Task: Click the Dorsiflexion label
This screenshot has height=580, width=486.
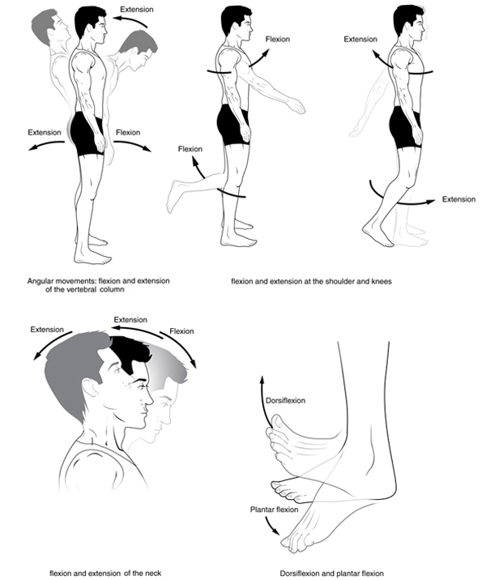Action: pos(285,401)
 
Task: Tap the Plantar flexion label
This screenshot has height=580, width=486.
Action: pos(274,510)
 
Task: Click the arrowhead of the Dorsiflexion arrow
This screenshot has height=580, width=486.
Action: pos(262,380)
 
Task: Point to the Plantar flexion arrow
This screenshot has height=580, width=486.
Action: pos(271,525)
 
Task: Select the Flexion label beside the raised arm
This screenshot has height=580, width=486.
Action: pos(277,39)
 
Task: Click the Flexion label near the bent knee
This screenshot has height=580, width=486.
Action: pos(190,149)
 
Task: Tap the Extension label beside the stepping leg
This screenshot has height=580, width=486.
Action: pos(458,199)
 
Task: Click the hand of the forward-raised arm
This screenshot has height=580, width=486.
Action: pos(296,106)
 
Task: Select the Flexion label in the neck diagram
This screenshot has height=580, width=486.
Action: pos(181,331)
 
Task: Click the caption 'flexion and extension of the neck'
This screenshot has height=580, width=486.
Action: pos(105,574)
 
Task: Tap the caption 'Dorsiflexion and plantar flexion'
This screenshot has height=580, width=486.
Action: pos(332,574)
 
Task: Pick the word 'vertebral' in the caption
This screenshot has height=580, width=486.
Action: pos(81,289)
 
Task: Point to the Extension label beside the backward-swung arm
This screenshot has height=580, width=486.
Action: pos(360,39)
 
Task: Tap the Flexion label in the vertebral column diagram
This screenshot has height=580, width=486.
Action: pos(128,132)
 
